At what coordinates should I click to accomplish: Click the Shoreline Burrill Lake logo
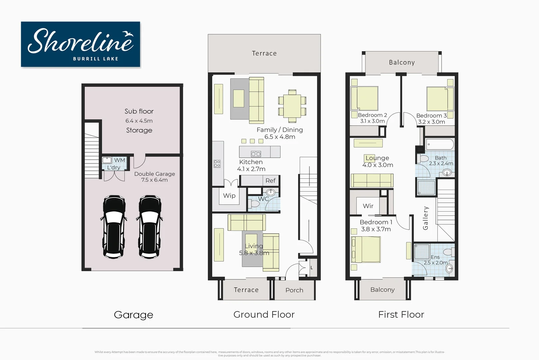point(80,44)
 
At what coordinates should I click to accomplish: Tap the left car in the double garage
point(114,227)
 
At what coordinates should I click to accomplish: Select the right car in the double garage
point(150,227)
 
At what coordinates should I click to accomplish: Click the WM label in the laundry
point(120,160)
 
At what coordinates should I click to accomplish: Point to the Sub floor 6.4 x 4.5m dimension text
point(139,121)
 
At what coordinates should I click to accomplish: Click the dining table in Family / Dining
point(292,106)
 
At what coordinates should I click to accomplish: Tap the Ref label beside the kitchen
point(270,181)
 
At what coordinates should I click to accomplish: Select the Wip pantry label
point(229,196)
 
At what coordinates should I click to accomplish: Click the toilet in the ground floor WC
point(255,203)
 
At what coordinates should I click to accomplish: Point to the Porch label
point(294,290)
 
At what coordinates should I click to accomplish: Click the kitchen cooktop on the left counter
point(217,164)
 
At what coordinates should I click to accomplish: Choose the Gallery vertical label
point(425,218)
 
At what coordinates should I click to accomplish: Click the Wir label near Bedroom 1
point(368,206)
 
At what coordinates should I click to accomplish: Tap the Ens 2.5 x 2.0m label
point(436,260)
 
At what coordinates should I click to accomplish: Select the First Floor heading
point(401,315)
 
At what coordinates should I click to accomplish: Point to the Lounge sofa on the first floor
point(372,181)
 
